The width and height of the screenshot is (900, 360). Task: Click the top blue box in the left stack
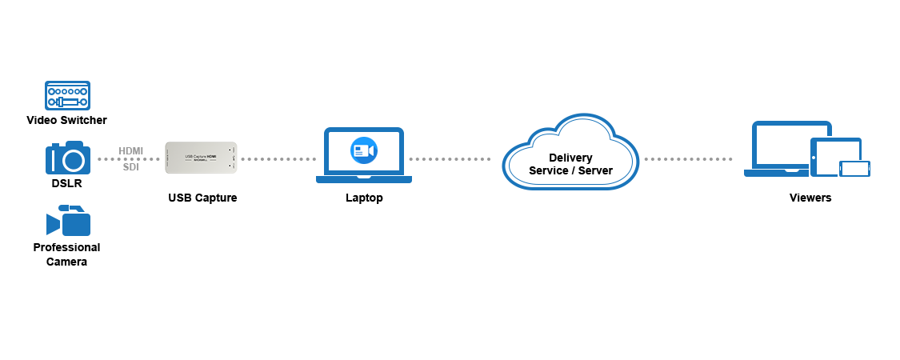[67, 95]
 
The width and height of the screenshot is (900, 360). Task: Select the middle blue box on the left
[67, 157]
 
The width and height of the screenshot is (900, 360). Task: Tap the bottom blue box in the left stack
[67, 220]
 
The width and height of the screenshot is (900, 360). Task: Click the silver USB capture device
[201, 158]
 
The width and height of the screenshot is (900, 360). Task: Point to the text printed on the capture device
[201, 155]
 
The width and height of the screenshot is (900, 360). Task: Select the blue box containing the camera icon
[364, 155]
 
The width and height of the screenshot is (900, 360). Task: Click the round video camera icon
[364, 150]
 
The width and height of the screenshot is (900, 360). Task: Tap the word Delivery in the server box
[570, 158]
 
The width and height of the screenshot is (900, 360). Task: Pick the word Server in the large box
[594, 170]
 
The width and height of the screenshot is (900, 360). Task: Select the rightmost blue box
[807, 148]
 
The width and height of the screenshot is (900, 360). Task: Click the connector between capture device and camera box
[277, 158]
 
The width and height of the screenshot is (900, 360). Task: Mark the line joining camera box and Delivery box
[451, 158]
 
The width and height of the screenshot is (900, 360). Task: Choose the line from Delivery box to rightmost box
[688, 158]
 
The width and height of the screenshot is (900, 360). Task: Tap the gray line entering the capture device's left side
[128, 158]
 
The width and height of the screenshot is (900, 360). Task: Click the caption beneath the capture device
[202, 198]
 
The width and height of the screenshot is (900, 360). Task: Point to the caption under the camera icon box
[364, 198]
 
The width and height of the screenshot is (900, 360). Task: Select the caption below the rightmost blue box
[810, 198]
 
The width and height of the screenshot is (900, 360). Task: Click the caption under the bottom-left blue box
[66, 253]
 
